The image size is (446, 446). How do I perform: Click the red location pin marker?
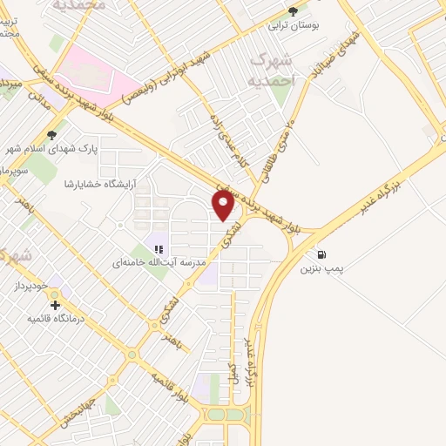(224, 206)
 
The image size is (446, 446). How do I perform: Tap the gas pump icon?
(322, 254)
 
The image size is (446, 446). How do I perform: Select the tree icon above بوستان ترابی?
(293, 11)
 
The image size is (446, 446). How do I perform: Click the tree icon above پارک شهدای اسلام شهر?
(52, 134)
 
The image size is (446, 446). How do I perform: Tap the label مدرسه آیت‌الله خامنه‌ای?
(164, 262)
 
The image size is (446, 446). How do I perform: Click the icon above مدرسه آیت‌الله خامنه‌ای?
(159, 248)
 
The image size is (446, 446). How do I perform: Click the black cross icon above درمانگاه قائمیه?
(56, 306)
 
